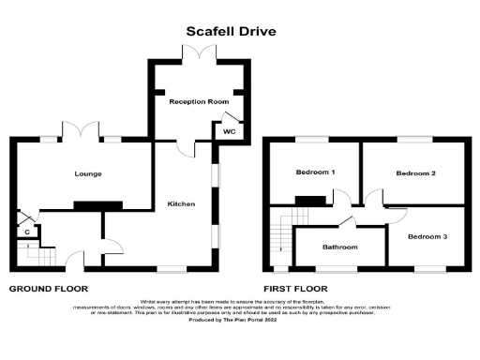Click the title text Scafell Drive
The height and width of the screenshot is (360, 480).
[x=232, y=31]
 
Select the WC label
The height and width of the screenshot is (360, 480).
[x=228, y=132]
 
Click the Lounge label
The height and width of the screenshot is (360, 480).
[x=89, y=174]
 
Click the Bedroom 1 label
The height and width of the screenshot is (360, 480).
[x=316, y=173]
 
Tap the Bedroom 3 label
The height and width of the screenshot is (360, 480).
[x=427, y=237]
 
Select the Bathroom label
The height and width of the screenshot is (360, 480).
[x=339, y=247]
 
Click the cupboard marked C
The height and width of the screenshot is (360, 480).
[x=27, y=231]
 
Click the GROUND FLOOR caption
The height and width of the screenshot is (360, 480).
[x=49, y=290]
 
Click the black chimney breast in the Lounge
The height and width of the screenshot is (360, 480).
[x=97, y=205]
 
